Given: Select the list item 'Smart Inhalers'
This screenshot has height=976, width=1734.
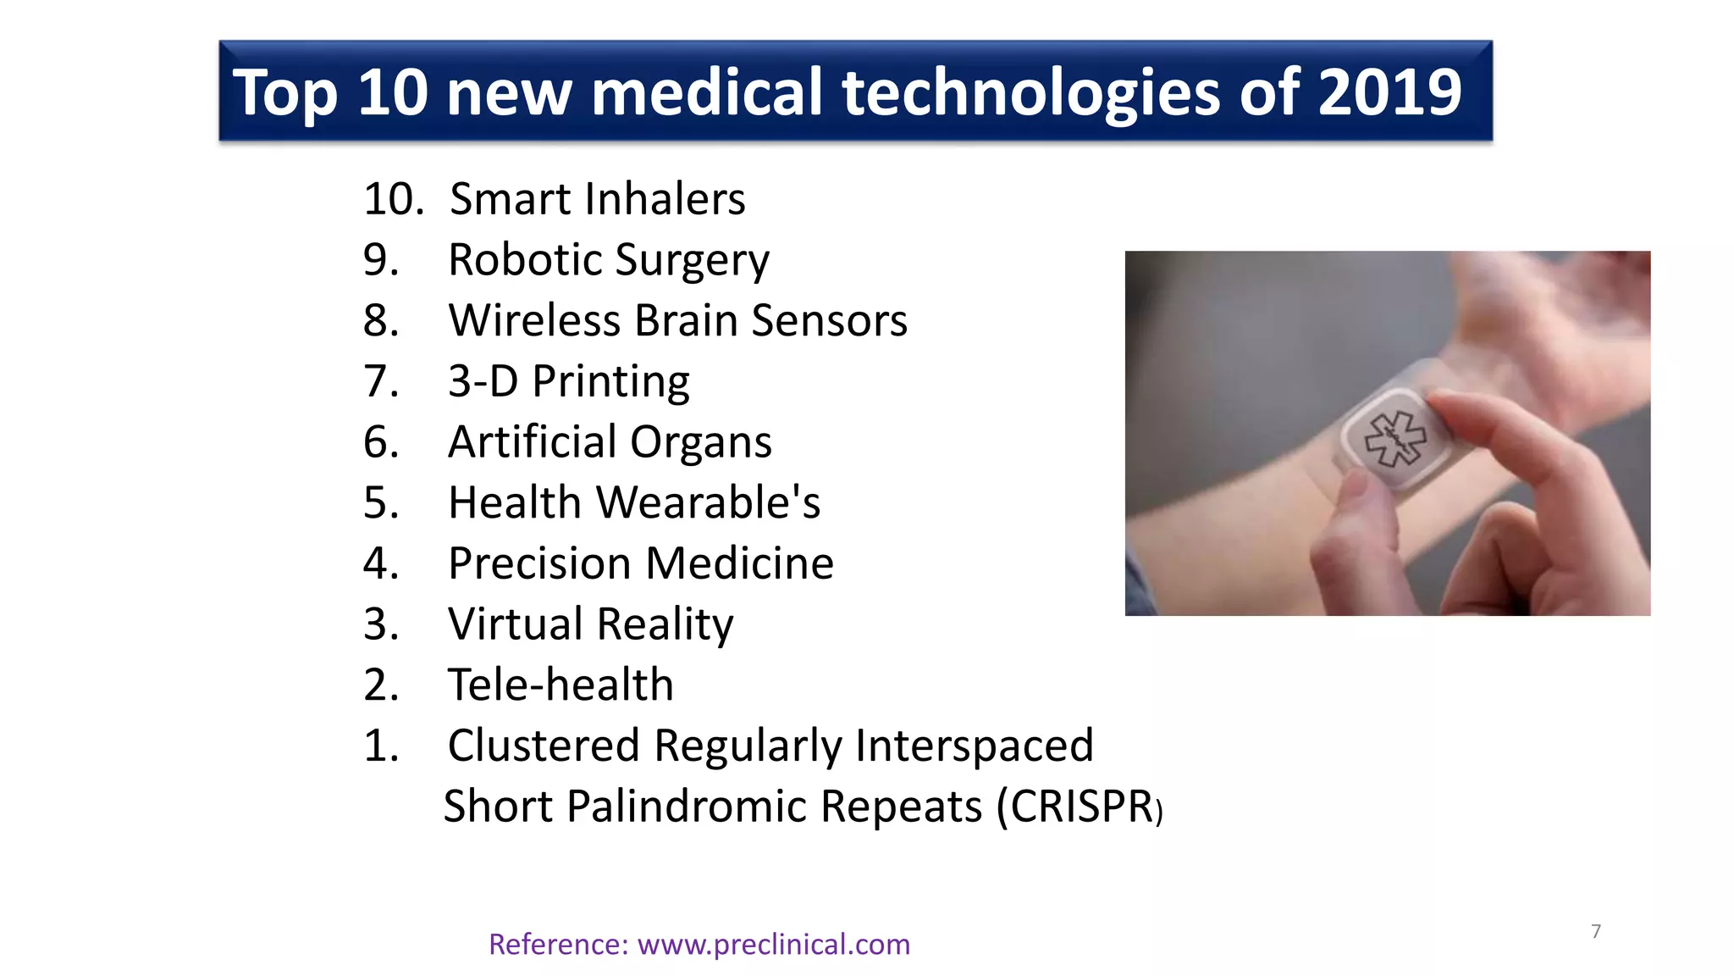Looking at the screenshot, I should (x=597, y=199).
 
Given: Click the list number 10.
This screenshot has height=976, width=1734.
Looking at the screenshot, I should (x=393, y=199).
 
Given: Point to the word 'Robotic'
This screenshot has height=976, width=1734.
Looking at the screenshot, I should (x=525, y=259).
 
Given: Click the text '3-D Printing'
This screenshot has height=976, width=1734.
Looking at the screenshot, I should (x=568, y=381).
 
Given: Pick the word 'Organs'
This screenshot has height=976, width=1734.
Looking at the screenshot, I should (x=700, y=442).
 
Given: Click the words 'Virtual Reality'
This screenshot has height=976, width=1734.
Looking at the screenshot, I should (x=590, y=624).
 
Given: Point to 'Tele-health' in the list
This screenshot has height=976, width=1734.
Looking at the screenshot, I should (x=561, y=685).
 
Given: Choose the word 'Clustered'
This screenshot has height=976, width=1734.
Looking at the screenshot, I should (x=543, y=746).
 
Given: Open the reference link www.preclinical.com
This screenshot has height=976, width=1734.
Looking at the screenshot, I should (x=773, y=944).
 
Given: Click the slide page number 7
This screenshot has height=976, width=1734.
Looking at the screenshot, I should (x=1596, y=931).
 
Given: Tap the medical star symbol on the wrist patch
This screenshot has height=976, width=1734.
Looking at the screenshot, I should (x=1394, y=438).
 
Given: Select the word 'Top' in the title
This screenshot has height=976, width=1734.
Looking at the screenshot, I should (x=285, y=92).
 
